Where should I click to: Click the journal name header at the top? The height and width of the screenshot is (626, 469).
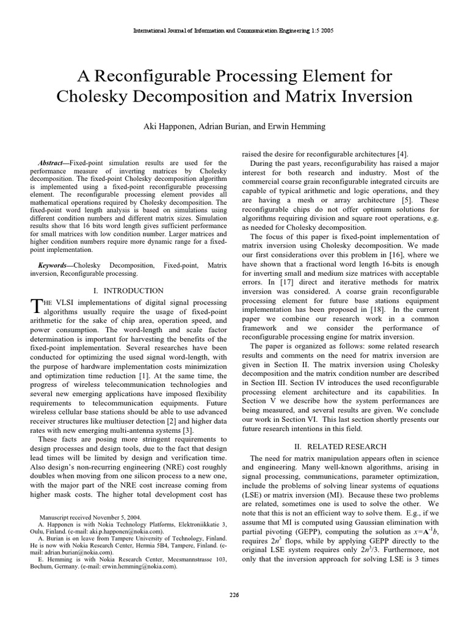click(234, 31)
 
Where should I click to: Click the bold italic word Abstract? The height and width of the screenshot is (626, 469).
click(51, 163)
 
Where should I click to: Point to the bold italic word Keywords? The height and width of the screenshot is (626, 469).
click(54, 266)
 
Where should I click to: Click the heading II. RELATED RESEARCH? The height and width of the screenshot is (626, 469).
click(341, 447)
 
